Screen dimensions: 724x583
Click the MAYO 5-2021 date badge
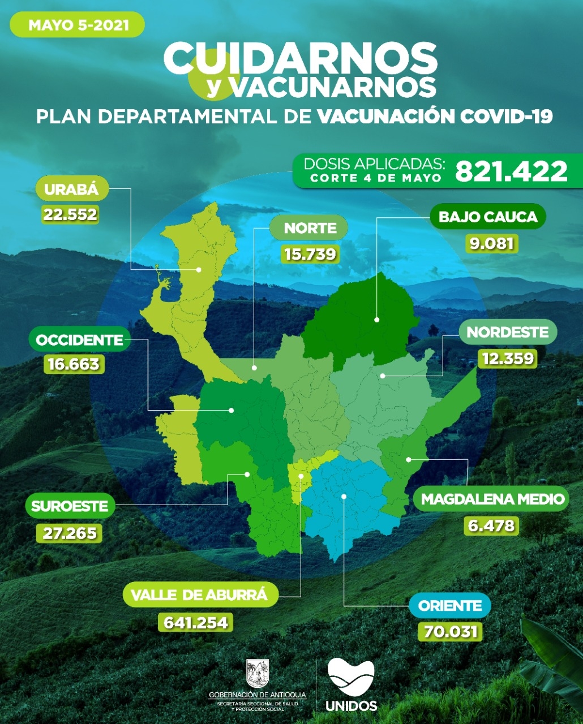coord(78,25)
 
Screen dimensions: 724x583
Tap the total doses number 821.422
coord(511,171)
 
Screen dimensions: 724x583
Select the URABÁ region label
coord(71,189)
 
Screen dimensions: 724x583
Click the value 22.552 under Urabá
coord(70,214)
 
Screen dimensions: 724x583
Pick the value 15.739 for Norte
coord(310,254)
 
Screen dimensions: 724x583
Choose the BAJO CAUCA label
coord(488,217)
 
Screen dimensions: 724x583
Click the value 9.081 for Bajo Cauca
coord(492,243)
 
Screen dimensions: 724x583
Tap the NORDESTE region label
coord(508,332)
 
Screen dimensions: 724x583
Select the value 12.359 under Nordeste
coord(507,358)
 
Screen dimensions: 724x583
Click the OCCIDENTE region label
coord(79,340)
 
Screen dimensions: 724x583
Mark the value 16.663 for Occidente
coord(74,364)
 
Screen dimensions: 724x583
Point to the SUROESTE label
coord(70,506)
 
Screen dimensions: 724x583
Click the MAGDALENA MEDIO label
coord(492,499)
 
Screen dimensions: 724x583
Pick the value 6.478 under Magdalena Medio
coord(491,525)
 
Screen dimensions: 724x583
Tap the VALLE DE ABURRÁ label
coord(199,595)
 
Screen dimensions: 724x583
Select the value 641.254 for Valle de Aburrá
coord(195,623)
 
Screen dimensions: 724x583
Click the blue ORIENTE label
coord(450,606)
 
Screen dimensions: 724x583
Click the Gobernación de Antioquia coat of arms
coord(257,673)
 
